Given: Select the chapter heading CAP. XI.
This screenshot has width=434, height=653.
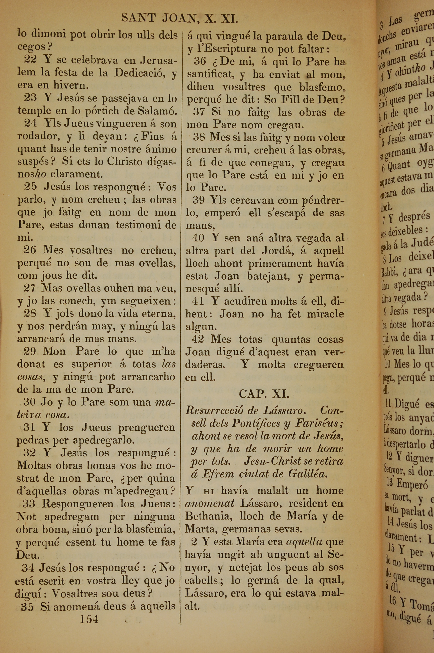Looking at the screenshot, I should (264, 394).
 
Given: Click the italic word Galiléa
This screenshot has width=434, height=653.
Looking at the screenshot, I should (308, 474).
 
